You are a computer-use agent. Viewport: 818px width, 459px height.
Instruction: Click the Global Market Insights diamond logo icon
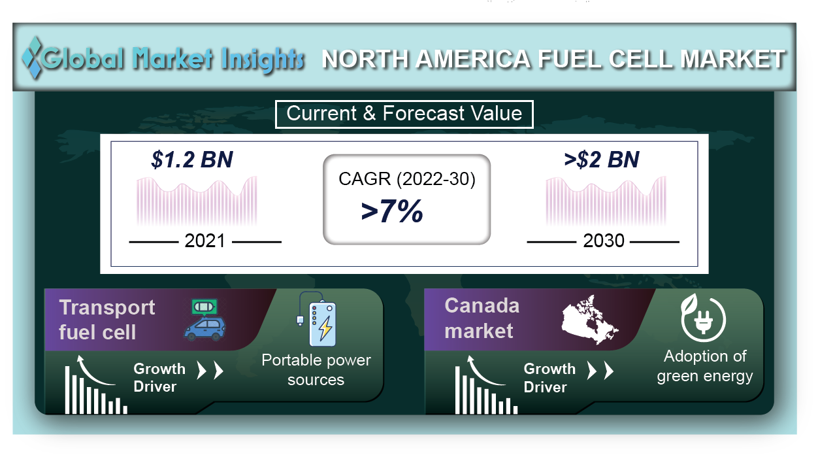pyautogui.click(x=32, y=58)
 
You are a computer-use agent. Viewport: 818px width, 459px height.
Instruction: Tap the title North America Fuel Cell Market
pyautogui.click(x=553, y=59)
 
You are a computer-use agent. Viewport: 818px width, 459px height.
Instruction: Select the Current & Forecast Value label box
pyautogui.click(x=404, y=114)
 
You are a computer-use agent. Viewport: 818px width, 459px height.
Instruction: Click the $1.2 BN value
pyautogui.click(x=192, y=160)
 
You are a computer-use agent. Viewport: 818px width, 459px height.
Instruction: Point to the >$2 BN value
pyautogui.click(x=602, y=160)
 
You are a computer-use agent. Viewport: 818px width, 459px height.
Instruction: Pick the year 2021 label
pyautogui.click(x=205, y=241)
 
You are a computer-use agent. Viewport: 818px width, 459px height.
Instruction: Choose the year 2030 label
pyautogui.click(x=604, y=241)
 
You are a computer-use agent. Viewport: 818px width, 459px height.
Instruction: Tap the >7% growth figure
pyautogui.click(x=392, y=211)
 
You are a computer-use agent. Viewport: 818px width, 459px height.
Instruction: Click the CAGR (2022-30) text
pyautogui.click(x=407, y=179)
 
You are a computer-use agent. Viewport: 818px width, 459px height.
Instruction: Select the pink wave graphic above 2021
pyautogui.click(x=197, y=200)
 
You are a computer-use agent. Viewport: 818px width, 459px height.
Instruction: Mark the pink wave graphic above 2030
pyautogui.click(x=606, y=200)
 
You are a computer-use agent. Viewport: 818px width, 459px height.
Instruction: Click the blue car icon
pyautogui.click(x=204, y=330)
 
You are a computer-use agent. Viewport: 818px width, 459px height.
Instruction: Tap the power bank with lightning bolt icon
pyautogui.click(x=317, y=319)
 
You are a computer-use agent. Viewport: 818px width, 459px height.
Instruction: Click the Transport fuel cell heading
pyautogui.click(x=107, y=320)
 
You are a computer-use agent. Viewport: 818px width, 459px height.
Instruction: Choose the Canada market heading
pyautogui.click(x=482, y=318)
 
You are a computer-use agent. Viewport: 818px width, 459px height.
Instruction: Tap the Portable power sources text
pyautogui.click(x=316, y=370)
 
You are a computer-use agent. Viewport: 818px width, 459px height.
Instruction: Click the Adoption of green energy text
pyautogui.click(x=705, y=366)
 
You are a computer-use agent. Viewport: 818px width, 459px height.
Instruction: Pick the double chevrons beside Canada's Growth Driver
pyautogui.click(x=600, y=371)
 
